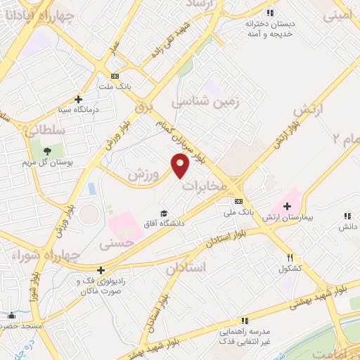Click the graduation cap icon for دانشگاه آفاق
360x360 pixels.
[164, 213]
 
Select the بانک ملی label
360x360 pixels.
[238, 211]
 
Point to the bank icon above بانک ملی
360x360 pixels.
[238, 201]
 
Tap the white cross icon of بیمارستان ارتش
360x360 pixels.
[287, 205]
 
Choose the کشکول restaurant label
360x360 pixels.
[290, 269]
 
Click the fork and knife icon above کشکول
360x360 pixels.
[290, 258]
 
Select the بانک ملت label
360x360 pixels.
[115, 86]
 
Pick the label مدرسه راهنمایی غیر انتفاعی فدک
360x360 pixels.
[244, 336]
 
